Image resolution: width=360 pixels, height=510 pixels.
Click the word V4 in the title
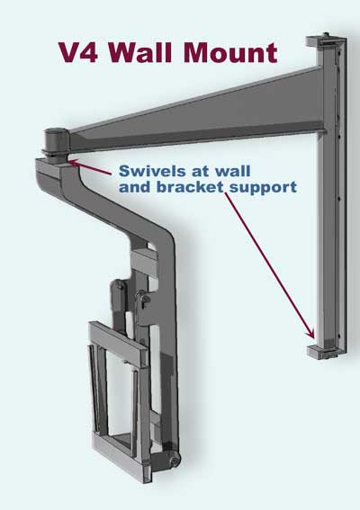79,52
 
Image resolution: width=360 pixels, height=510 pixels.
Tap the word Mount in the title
230,52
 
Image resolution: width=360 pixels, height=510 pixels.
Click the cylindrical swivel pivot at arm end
55,143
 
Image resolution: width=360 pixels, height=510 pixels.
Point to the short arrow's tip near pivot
68,160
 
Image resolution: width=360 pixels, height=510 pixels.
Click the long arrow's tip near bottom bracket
313,338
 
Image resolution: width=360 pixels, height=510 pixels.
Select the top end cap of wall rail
326,40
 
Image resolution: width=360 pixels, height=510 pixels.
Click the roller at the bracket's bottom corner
175,461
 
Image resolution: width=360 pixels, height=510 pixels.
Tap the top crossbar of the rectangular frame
118,344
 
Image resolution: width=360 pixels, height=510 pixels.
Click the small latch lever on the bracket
142,300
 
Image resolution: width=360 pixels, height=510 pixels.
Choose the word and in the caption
135,187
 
